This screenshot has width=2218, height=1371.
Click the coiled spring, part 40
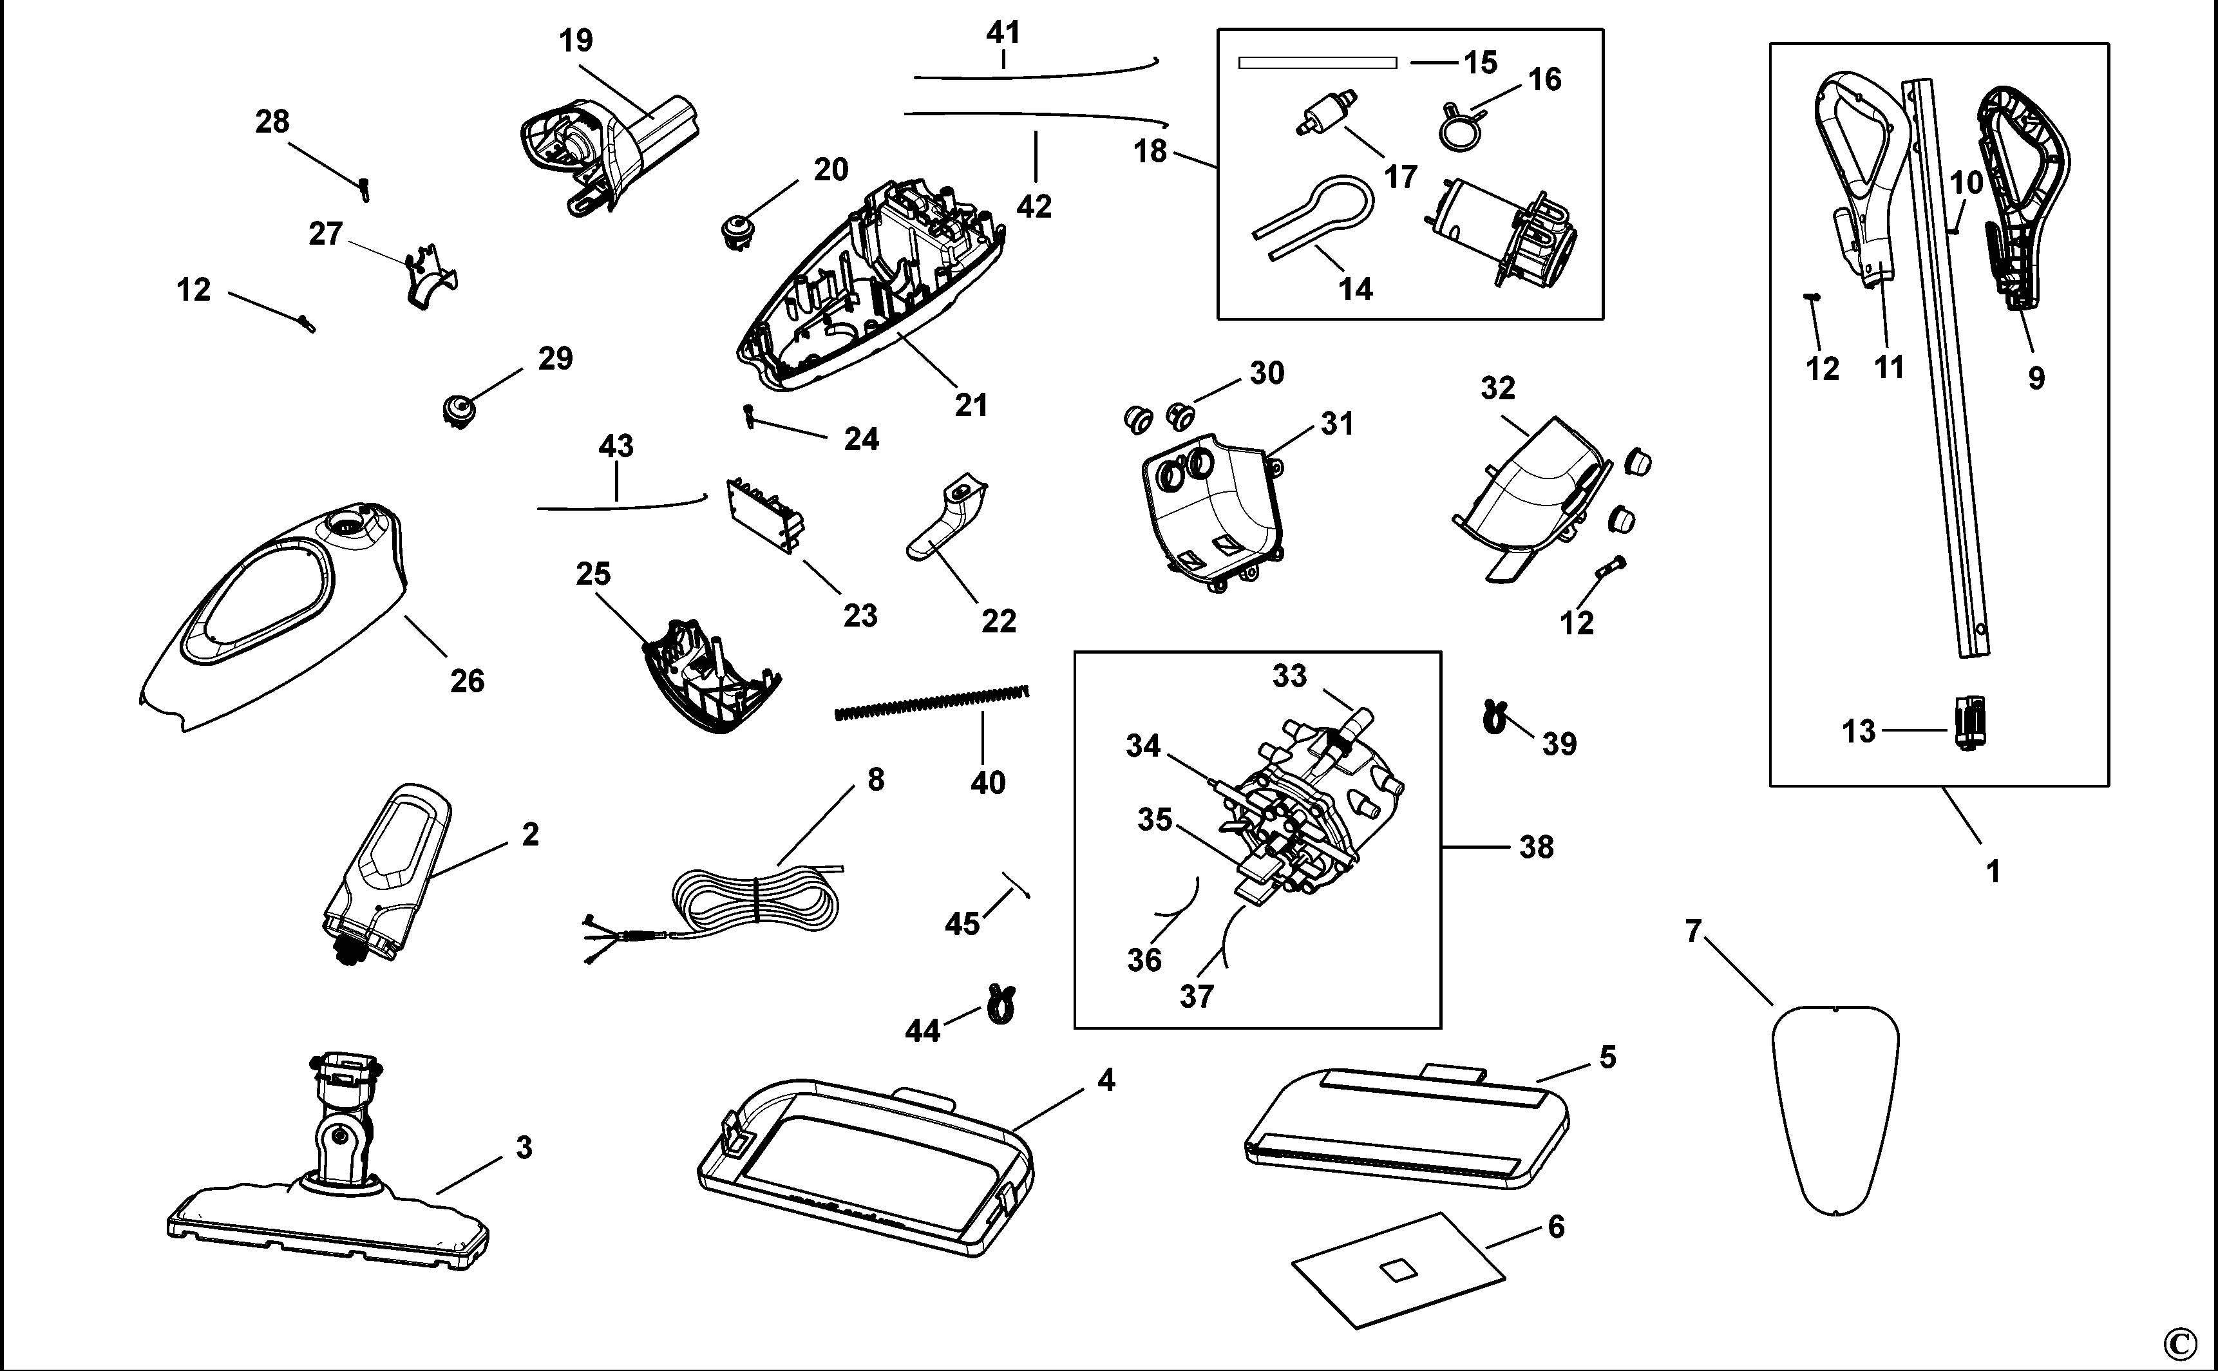point(932,703)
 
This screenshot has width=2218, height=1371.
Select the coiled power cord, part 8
point(757,898)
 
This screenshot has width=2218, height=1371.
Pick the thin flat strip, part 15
point(1316,62)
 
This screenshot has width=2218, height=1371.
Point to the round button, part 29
point(460,410)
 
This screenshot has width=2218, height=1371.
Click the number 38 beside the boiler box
point(1536,847)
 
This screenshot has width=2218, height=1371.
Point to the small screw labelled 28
point(365,189)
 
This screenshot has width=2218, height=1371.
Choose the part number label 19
point(576,41)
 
